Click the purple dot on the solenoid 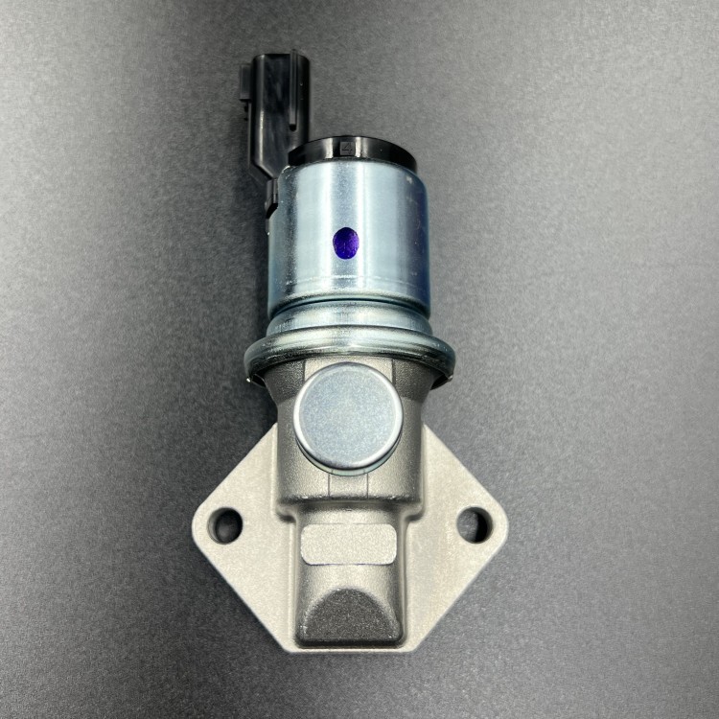[x=346, y=243]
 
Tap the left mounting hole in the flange [x=227, y=524]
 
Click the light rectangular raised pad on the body [x=348, y=544]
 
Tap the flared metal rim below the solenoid [x=349, y=352]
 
